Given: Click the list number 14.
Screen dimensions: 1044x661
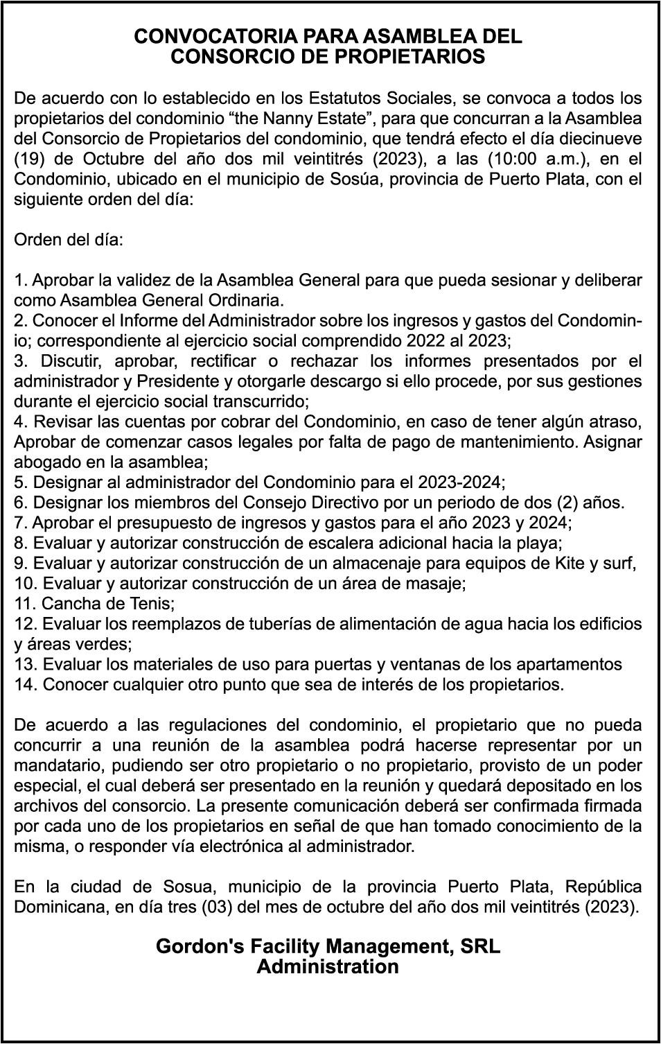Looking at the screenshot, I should coord(26,685).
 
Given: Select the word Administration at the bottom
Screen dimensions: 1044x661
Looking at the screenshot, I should coord(328,967).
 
